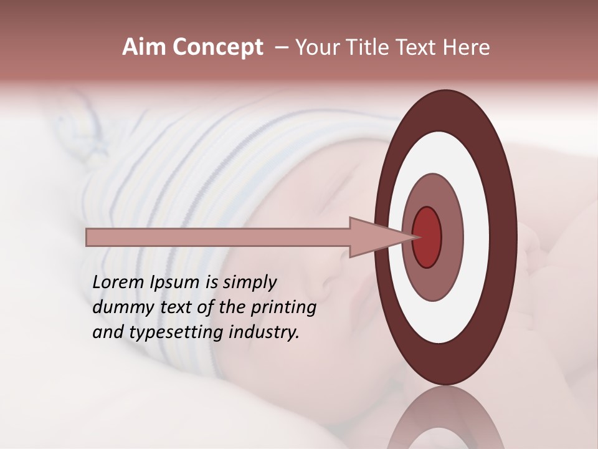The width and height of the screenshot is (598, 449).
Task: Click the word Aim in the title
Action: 145,47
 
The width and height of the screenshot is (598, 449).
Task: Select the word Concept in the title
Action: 218,47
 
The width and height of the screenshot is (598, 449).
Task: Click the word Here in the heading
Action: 466,47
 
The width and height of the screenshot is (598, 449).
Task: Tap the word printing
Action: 283,308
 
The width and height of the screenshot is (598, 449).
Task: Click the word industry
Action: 264,332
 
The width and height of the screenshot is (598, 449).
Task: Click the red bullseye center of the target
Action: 427,237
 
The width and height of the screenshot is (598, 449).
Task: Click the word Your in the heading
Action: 317,47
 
